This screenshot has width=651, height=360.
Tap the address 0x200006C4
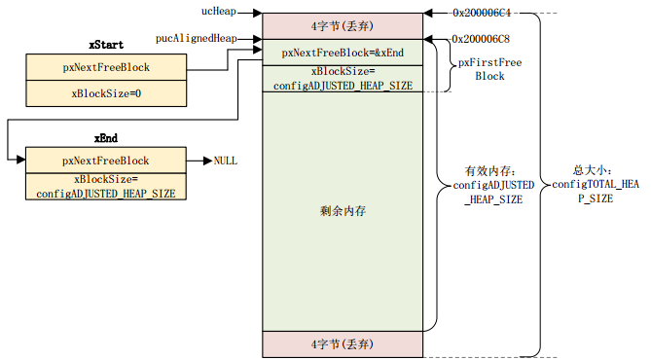pyautogui.click(x=483, y=14)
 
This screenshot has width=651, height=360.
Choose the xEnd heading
pyautogui.click(x=105, y=140)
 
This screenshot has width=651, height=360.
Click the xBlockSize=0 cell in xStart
pyautogui.click(x=105, y=93)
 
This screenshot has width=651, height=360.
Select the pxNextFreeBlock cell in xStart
pyautogui.click(x=105, y=69)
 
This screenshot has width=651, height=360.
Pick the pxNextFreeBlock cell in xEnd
pyautogui.click(x=105, y=161)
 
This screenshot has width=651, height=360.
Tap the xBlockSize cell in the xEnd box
pyautogui.click(x=105, y=186)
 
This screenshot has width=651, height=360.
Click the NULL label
pyautogui.click(x=225, y=161)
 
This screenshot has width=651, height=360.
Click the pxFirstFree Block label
pyautogui.click(x=489, y=69)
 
